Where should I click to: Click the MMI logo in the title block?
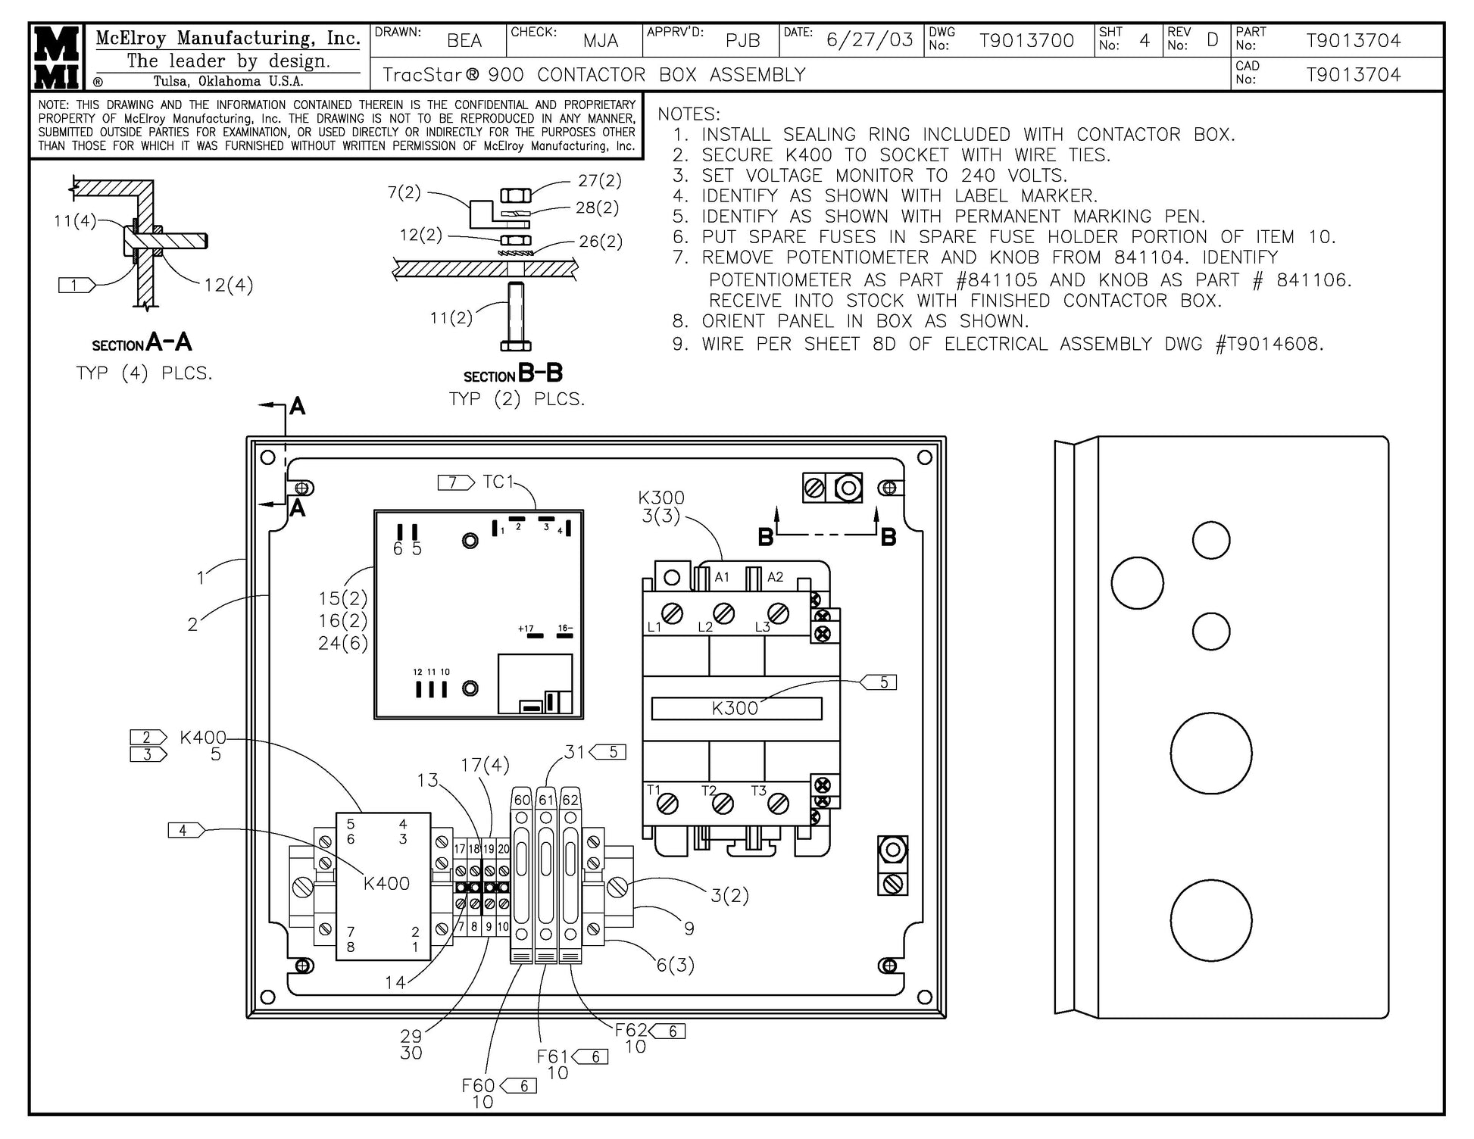coord(58,58)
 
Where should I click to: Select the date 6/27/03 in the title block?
coord(870,40)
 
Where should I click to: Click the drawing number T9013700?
coord(1026,41)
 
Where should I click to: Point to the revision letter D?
coord(1213,40)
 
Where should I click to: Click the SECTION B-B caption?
coord(514,373)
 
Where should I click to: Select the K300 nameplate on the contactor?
coord(736,708)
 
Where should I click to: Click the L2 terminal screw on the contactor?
coord(724,613)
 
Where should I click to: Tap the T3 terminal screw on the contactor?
coord(779,804)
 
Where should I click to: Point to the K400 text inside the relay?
coord(386,883)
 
